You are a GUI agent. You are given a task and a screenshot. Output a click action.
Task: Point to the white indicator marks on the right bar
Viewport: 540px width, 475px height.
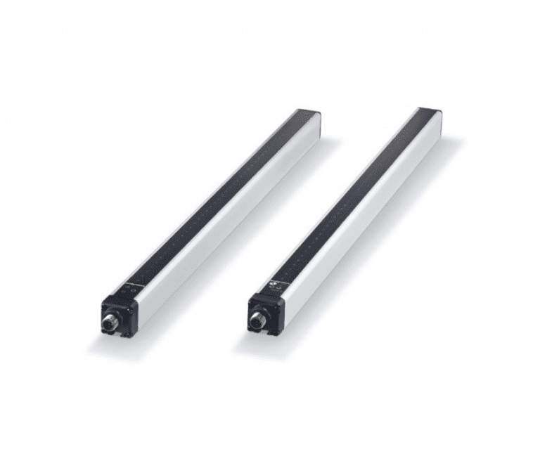point(275,286)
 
